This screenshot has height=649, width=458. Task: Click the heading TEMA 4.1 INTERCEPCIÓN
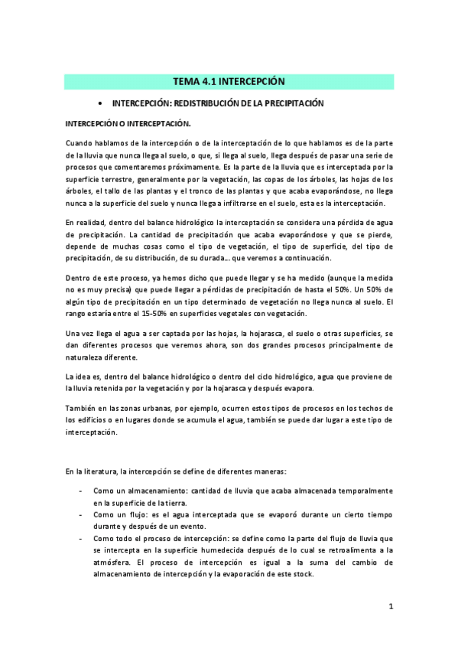tap(229, 81)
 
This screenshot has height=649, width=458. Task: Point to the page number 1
tap(390, 607)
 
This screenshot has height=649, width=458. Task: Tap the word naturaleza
tap(87, 357)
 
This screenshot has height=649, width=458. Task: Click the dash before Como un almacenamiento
tap(81, 490)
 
